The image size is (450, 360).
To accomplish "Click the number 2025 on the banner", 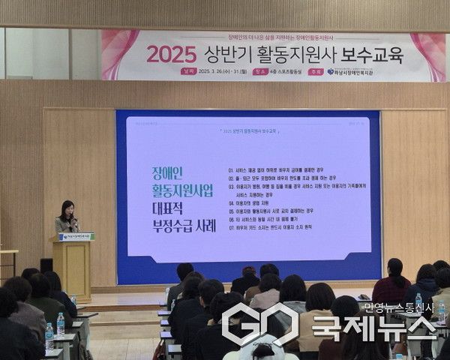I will [171, 54].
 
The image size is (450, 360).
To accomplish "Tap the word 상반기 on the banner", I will [226, 54].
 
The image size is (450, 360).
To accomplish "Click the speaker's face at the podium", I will [67, 208].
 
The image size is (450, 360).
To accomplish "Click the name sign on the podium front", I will [76, 237].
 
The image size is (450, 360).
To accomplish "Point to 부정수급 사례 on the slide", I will [170, 224].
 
